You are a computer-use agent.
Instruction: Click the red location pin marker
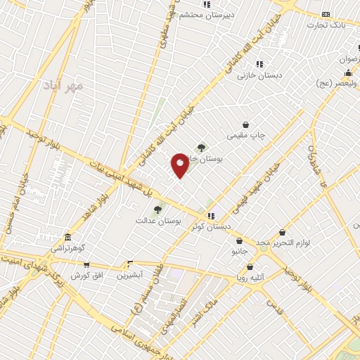(x=180, y=165)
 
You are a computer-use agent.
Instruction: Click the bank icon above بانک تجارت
(x=326, y=14)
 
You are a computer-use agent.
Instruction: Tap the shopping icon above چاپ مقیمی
(x=245, y=124)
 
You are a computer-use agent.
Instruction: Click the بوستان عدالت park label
(x=159, y=221)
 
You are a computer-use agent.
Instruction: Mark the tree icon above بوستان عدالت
(x=157, y=210)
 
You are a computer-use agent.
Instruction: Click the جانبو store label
(x=239, y=251)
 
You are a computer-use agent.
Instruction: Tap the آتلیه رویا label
(x=250, y=278)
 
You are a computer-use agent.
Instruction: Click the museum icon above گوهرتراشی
(x=67, y=237)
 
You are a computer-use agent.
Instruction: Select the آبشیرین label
(x=129, y=275)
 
